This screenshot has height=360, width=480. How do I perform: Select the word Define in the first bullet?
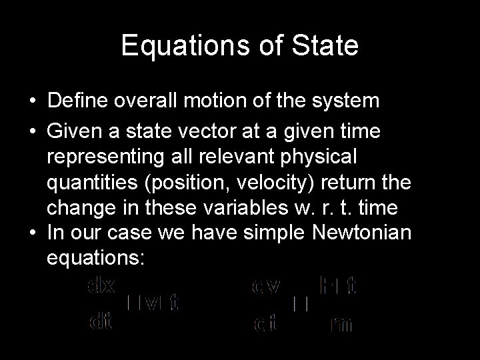[78, 101]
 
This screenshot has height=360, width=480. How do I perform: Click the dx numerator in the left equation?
[101, 286]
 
